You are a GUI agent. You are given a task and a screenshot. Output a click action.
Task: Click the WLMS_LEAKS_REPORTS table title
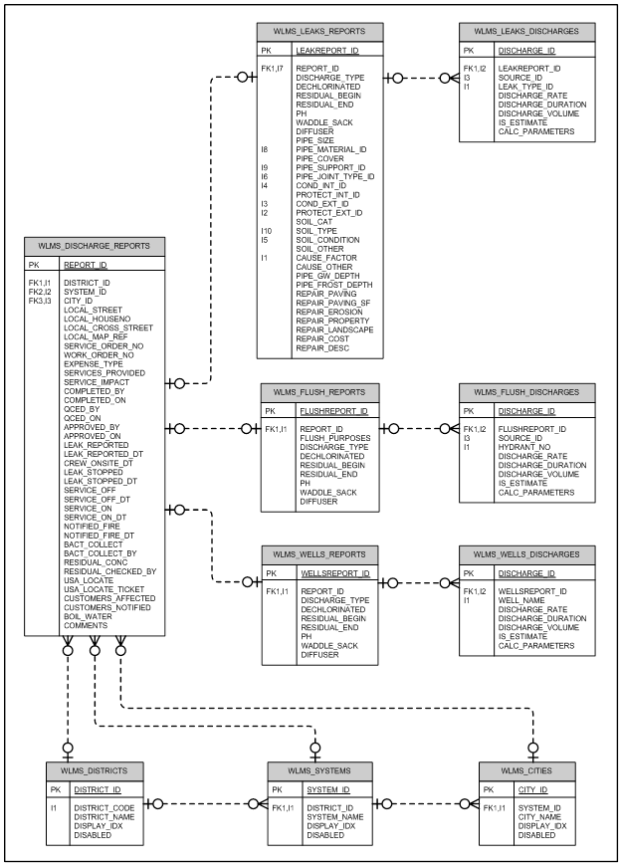(319, 32)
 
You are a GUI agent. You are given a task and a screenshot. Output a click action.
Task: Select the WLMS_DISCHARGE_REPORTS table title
(94, 246)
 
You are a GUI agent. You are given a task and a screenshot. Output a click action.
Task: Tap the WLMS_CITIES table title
(526, 771)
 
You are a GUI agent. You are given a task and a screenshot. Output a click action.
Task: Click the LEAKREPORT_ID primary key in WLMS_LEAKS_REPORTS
(327, 51)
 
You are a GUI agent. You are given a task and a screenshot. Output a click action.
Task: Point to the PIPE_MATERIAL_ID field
(330, 149)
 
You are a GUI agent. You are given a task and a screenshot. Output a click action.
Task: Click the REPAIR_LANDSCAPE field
(334, 330)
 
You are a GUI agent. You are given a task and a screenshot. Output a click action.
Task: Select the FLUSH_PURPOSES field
(334, 439)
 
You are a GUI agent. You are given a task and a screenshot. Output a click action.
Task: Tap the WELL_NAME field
(521, 601)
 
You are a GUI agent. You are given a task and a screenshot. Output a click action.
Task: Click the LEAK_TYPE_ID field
(525, 87)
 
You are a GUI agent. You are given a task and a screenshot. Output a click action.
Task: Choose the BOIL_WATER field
(88, 617)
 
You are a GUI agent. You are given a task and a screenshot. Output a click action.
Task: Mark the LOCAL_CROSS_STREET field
(108, 328)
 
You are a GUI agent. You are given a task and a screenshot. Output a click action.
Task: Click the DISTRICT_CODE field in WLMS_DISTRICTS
(104, 808)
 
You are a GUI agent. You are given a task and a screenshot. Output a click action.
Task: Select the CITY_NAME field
(539, 817)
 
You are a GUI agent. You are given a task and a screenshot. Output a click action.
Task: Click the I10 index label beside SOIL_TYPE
(267, 231)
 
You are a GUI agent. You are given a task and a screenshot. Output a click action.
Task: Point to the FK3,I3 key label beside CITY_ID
(40, 301)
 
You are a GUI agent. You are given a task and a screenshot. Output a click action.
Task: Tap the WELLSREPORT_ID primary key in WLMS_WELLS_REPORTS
(334, 573)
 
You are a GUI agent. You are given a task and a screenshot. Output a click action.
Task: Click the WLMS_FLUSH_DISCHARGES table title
(526, 392)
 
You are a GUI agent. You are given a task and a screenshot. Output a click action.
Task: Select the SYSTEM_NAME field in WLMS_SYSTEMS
(334, 817)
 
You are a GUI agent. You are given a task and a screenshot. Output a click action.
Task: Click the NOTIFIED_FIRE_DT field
(99, 536)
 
